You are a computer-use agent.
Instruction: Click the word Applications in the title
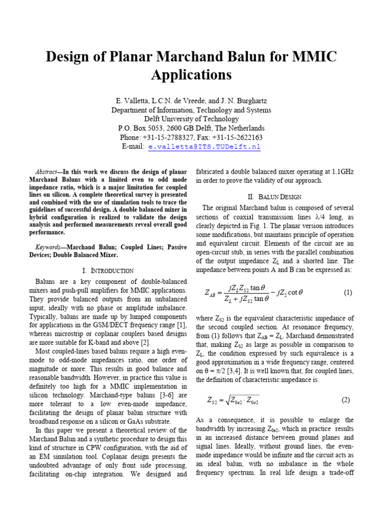coord(191,74)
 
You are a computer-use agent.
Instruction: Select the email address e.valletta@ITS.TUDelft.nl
coord(204,147)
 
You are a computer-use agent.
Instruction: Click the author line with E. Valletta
coord(191,101)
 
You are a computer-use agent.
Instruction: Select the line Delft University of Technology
coord(191,119)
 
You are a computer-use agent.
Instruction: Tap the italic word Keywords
coord(50,247)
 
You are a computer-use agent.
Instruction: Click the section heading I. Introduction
coord(108,270)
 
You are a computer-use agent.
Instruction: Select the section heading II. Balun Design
coord(277,197)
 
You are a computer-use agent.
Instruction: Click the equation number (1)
coord(348,293)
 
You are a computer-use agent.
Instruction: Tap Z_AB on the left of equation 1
coord(212,293)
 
